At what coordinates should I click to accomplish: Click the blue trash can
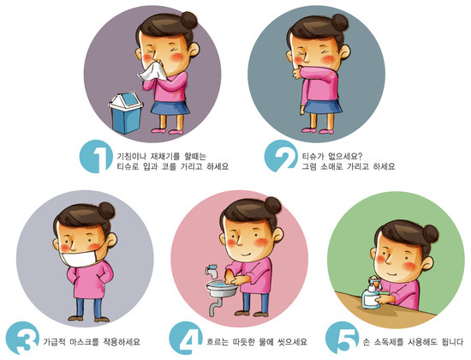(x=126, y=113)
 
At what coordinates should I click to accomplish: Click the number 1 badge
(x=96, y=156)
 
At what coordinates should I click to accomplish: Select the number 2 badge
(x=281, y=156)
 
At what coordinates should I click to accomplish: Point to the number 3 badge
(x=22, y=338)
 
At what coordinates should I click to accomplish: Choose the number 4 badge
(x=186, y=338)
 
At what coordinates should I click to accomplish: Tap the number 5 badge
(x=343, y=338)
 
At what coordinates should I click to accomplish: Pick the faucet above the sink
(x=212, y=271)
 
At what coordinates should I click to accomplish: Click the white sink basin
(x=222, y=288)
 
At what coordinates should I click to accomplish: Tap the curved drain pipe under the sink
(x=215, y=306)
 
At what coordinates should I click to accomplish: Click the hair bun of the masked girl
(x=106, y=210)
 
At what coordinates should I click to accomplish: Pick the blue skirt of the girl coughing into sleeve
(x=323, y=106)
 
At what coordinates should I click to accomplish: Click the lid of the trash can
(x=126, y=101)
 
